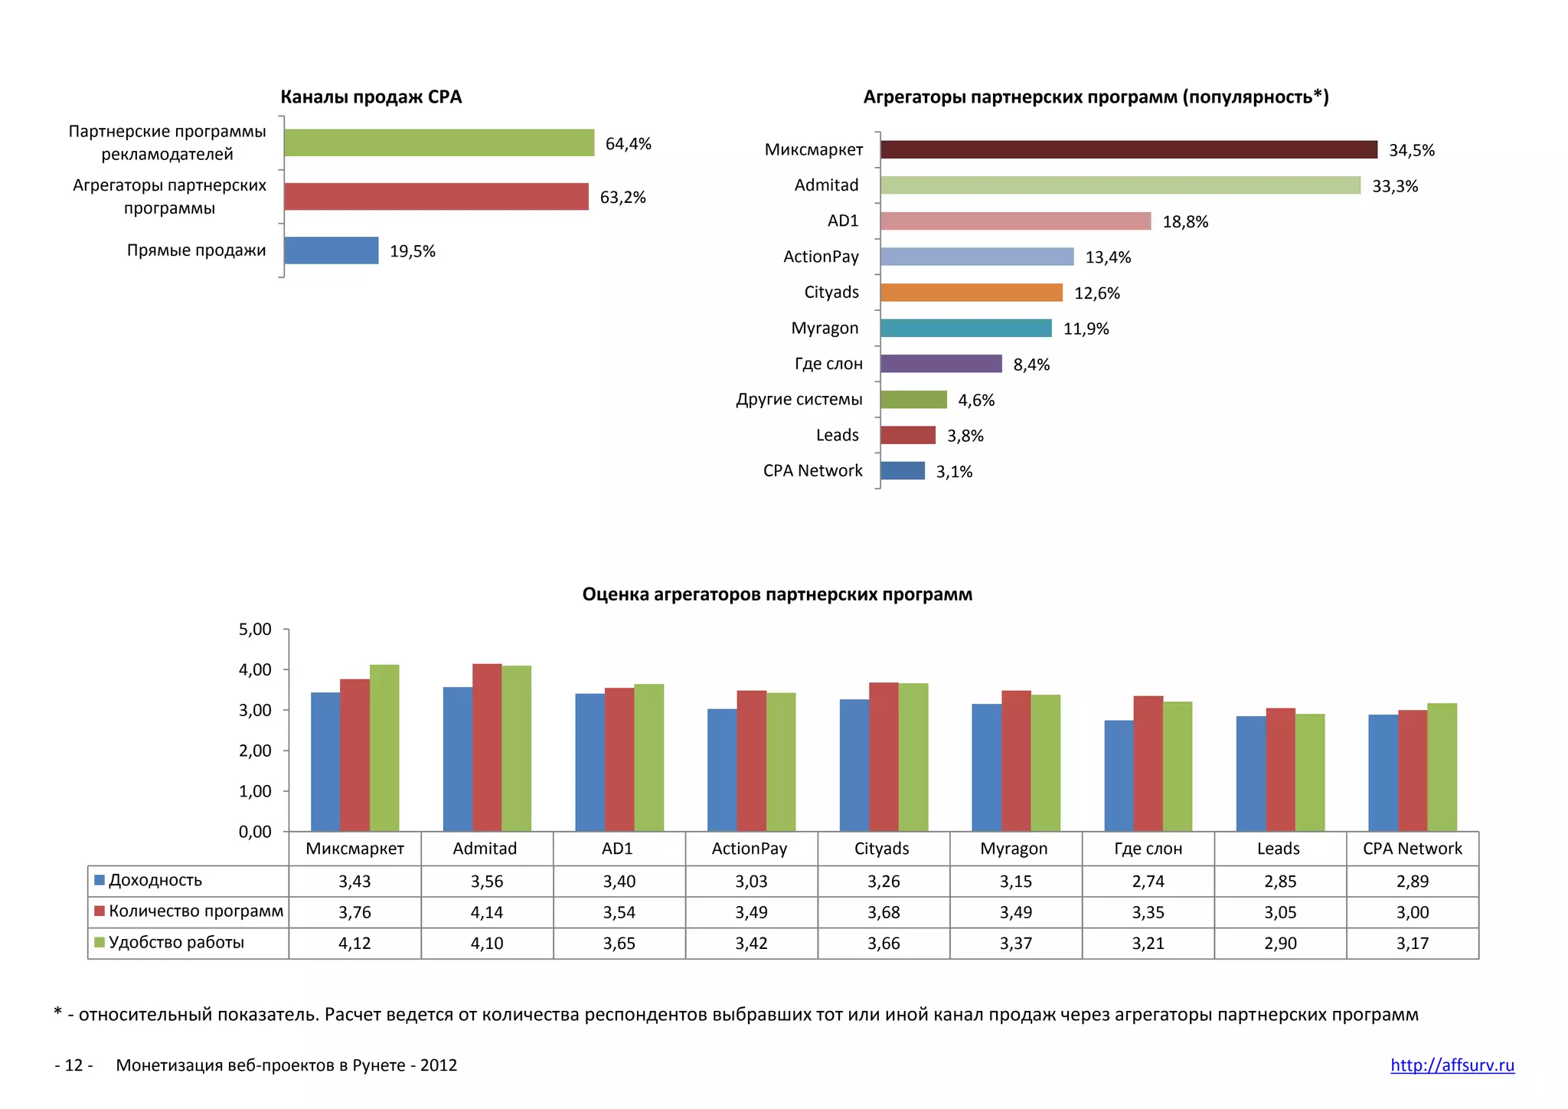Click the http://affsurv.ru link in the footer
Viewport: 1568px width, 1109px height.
pyautogui.click(x=1452, y=1065)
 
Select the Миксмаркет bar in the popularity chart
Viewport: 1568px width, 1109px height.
pyautogui.click(x=1128, y=149)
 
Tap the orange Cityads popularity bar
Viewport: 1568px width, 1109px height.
pyautogui.click(x=971, y=293)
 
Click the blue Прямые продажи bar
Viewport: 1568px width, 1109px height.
pyautogui.click(x=331, y=250)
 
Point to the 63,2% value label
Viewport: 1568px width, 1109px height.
pyautogui.click(x=622, y=198)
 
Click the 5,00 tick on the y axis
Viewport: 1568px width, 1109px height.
pyautogui.click(x=255, y=630)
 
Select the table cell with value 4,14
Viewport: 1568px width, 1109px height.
pyautogui.click(x=487, y=912)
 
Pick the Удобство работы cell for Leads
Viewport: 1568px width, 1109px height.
pyautogui.click(x=1280, y=944)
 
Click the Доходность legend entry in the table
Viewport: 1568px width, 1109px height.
pyautogui.click(x=155, y=880)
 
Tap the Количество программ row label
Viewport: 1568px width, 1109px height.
pyautogui.click(x=195, y=911)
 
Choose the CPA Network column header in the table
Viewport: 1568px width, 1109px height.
pyautogui.click(x=1412, y=849)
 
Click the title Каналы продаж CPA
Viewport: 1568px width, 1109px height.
pyautogui.click(x=371, y=97)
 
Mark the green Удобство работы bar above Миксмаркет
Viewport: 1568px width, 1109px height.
pyautogui.click(x=384, y=748)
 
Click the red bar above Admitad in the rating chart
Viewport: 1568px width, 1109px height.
pyautogui.click(x=487, y=747)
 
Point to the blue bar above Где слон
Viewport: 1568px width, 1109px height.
pyautogui.click(x=1119, y=775)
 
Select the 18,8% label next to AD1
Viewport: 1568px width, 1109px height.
pyautogui.click(x=1184, y=222)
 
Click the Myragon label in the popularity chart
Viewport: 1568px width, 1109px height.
pyautogui.click(x=825, y=329)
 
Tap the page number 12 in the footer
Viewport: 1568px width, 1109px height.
pyautogui.click(x=73, y=1065)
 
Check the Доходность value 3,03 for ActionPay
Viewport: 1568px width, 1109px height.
pyautogui.click(x=751, y=882)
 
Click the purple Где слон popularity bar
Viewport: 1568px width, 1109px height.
pyautogui.click(x=940, y=364)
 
